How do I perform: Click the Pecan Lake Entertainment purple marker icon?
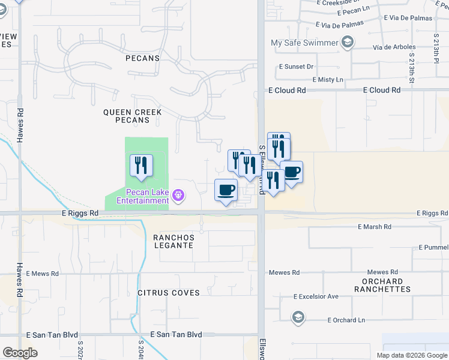[178, 195]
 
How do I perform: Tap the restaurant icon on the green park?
[141, 165]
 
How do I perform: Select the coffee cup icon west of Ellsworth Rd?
[226, 190]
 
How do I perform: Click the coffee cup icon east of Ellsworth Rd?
[292, 172]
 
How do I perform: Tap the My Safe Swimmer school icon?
[347, 42]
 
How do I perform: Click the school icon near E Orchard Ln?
[298, 317]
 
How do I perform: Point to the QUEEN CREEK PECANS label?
[126, 116]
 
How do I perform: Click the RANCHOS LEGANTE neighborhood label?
[173, 241]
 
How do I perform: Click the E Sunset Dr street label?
[296, 67]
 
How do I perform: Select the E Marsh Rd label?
[374, 227]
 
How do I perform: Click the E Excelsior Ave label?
[316, 296]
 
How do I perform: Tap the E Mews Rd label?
[42, 274]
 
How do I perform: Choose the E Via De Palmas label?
[339, 25]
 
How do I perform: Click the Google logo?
[20, 352]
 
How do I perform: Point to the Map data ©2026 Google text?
[411, 355]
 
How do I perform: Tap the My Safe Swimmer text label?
[304, 43]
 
